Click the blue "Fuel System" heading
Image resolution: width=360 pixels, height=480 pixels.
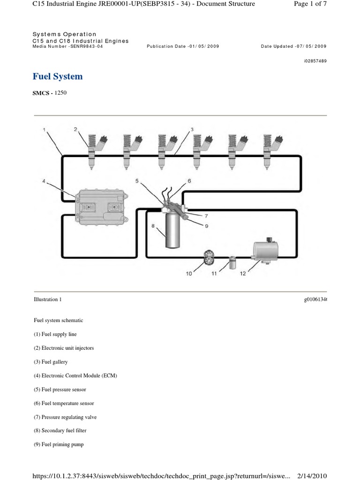(58, 76)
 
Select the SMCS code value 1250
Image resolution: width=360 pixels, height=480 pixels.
(61, 93)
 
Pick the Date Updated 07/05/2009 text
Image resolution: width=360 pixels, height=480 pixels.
(293, 46)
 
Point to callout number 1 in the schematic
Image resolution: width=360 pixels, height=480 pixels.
(44, 129)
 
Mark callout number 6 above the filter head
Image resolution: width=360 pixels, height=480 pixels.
(189, 180)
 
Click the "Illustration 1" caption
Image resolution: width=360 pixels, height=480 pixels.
(47, 300)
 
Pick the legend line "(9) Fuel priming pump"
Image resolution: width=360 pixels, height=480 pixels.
(59, 444)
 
